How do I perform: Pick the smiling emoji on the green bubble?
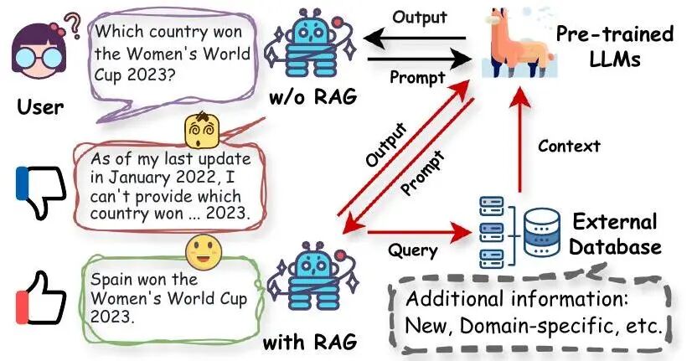click(204, 249)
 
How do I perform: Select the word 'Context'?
click(569, 147)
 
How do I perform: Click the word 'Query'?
click(411, 249)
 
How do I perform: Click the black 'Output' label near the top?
click(419, 18)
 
